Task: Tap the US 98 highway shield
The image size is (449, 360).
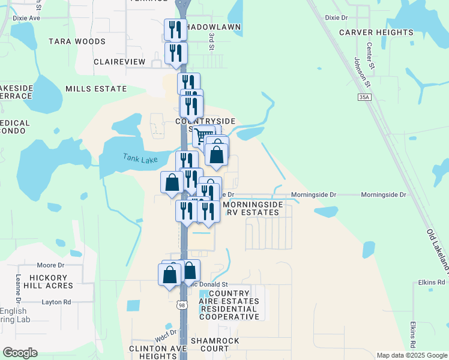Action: click(x=182, y=305)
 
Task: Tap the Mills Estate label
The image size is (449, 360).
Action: click(x=97, y=89)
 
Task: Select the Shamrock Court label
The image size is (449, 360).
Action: click(x=202, y=348)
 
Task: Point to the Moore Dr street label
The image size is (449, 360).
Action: click(x=50, y=265)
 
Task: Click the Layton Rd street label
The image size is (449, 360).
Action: click(x=56, y=302)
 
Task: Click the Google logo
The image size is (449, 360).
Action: click(x=19, y=352)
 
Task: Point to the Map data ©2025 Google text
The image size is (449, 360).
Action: click(x=411, y=355)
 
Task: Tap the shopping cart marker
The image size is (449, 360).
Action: click(x=203, y=136)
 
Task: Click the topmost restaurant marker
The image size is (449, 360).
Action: click(x=175, y=29)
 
